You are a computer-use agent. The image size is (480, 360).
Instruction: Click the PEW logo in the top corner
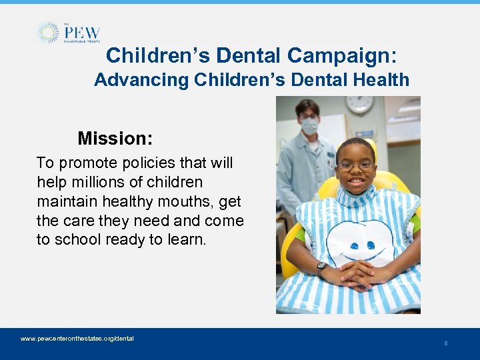68,33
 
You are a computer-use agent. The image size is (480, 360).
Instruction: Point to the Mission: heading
115,139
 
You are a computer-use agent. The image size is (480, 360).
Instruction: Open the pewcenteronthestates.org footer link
77,339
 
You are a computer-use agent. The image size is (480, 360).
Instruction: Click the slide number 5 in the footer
446,343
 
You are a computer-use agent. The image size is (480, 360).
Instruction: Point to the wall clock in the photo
359,104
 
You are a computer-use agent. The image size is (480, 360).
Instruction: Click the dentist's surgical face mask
309,125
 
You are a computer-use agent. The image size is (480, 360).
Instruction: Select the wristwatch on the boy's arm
321,267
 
